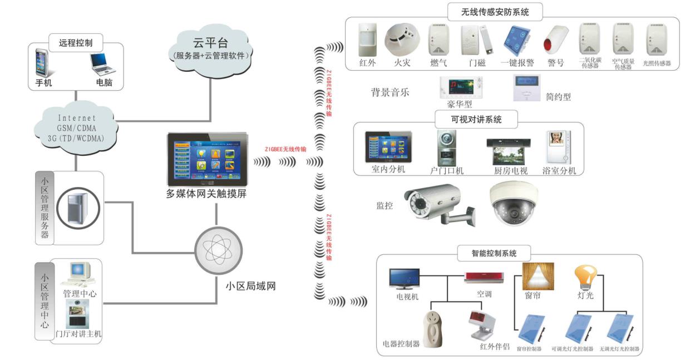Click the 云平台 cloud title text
coord(211,43)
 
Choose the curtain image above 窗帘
coord(538,276)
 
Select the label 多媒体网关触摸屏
coord(206,194)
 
